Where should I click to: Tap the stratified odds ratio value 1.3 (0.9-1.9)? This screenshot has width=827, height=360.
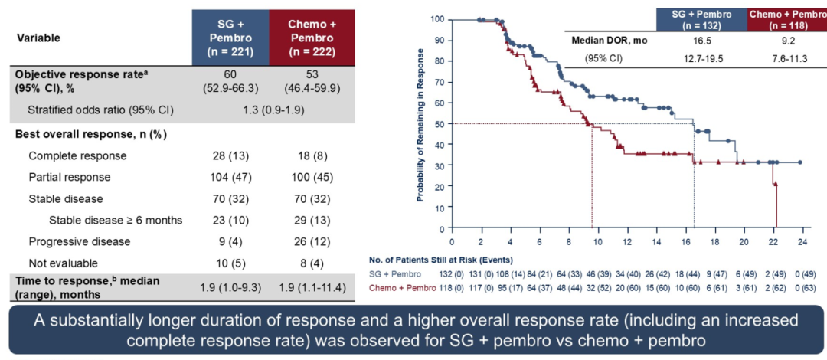coord(266,110)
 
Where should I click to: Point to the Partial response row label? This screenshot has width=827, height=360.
coord(70,177)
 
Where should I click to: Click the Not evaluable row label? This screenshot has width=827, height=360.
coord(60,263)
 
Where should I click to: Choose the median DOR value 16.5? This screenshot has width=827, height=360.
coord(701,41)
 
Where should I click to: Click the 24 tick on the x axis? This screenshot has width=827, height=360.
coord(801,237)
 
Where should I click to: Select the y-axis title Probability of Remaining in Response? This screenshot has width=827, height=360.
coord(420,123)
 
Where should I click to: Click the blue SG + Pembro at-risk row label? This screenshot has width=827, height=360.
coord(395,273)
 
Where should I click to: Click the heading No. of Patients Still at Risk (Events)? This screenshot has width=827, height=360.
coord(440,260)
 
